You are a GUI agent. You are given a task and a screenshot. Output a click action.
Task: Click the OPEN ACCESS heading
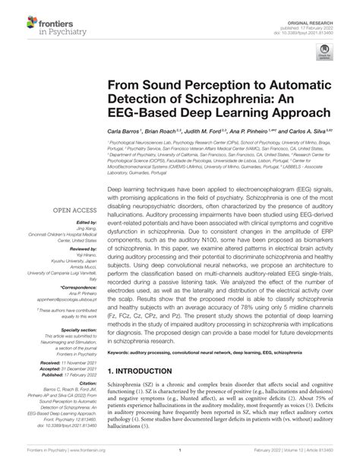point(73,210)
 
